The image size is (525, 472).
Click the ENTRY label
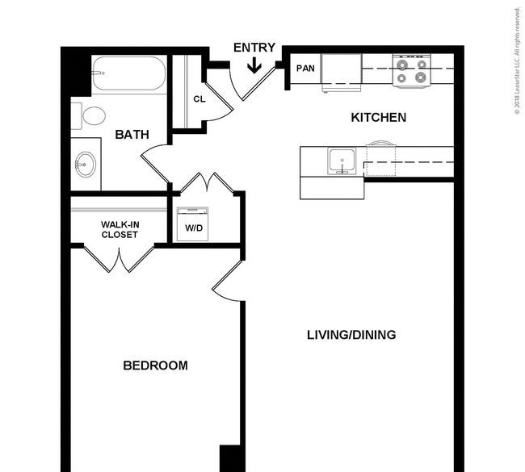(254, 48)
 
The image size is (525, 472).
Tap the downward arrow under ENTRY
(254, 65)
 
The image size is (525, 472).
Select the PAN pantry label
(305, 69)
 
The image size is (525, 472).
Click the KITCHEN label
(378, 118)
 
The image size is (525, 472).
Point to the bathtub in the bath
(128, 73)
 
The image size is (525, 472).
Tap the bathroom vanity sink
(86, 165)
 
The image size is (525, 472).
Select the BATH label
(132, 135)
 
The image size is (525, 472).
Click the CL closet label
(199, 99)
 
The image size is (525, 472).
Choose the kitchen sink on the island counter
(342, 161)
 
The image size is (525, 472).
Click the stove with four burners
(411, 71)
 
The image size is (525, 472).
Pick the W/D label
(194, 228)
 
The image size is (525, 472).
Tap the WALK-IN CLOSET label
(120, 229)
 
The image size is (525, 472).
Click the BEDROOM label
(155, 365)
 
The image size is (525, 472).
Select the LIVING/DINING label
(351, 335)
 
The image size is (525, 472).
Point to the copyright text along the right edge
(517, 61)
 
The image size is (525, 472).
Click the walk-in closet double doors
(119, 260)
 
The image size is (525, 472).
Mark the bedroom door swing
(228, 281)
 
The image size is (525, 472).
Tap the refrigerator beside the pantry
(342, 71)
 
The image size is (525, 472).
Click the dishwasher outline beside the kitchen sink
(381, 159)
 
